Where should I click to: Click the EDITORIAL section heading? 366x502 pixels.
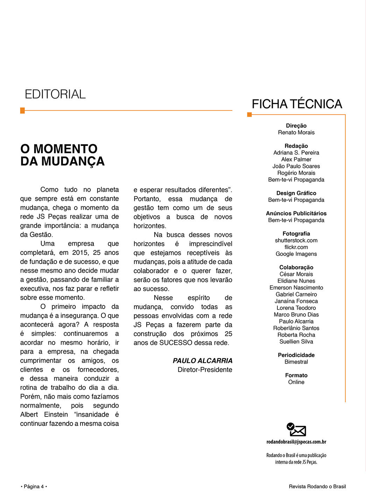(x=55, y=94)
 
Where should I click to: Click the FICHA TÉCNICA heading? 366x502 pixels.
(x=297, y=104)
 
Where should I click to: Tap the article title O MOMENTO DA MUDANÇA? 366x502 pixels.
(x=62, y=155)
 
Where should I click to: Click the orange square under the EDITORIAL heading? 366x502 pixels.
(x=23, y=111)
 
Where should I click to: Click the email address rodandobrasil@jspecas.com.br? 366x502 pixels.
(x=296, y=442)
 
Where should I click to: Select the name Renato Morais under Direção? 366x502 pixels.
(x=296, y=133)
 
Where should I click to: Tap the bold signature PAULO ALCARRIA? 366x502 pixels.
(x=202, y=361)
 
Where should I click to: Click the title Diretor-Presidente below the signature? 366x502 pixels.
(x=205, y=370)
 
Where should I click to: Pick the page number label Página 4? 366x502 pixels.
(x=34, y=487)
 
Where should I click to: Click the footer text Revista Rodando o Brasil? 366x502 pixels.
(x=317, y=487)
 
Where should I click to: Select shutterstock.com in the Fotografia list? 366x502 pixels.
(x=296, y=240)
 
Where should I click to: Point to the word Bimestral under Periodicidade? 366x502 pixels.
(x=296, y=362)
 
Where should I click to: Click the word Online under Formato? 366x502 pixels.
(x=296, y=382)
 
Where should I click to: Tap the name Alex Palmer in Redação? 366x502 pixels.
(x=296, y=160)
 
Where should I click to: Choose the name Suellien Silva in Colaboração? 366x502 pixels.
(x=296, y=342)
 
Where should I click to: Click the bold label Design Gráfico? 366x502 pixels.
(x=296, y=193)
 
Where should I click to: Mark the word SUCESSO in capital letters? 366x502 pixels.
(x=176, y=343)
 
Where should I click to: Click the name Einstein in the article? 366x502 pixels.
(x=56, y=415)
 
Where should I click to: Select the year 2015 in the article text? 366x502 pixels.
(x=80, y=253)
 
